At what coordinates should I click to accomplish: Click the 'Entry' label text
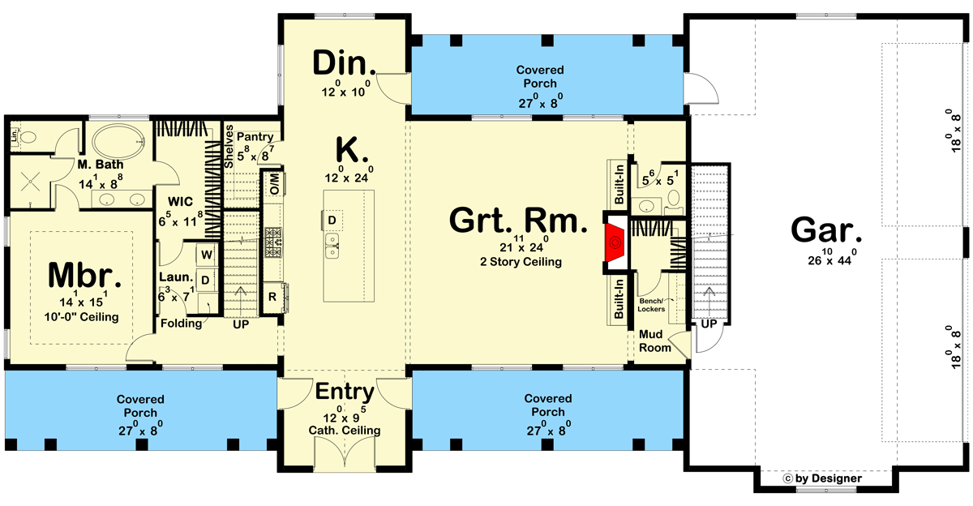[345, 392]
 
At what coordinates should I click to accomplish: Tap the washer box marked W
[207, 255]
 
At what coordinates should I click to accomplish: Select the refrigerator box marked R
[272, 298]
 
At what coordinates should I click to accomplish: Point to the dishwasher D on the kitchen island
[332, 219]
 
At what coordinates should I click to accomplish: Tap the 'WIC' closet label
[179, 201]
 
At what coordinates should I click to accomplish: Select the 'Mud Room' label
[655, 341]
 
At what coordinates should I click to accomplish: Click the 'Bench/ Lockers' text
[652, 305]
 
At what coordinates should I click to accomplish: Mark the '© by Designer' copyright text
[823, 479]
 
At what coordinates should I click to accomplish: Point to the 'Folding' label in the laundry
[180, 323]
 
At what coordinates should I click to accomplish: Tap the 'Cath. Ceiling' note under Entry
[345, 430]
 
